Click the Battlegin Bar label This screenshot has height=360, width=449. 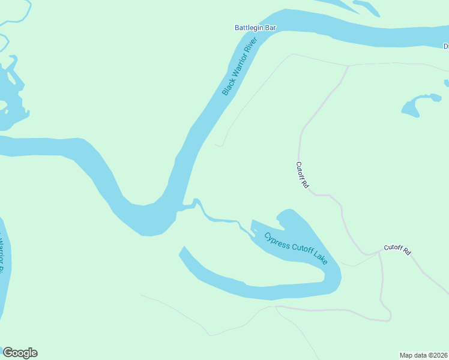255,28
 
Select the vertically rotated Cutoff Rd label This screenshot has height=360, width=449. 302,175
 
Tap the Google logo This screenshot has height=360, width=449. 20,353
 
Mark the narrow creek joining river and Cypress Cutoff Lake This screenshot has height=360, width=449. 219,219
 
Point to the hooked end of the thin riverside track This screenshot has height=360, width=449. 220,145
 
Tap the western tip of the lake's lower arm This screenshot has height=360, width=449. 182,251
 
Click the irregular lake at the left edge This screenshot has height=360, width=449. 8,96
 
